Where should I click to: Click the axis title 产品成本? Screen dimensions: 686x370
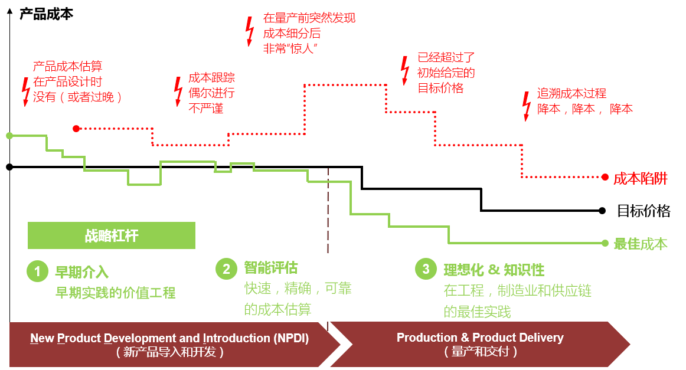pos(47,14)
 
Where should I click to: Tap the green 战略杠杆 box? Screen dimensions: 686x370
pos(112,235)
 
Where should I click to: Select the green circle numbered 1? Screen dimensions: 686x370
pos(37,271)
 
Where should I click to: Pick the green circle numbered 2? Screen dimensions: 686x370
pos(226,269)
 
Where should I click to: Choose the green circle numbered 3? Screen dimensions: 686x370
pos(426,269)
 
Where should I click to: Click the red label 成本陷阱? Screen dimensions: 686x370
pos(641,178)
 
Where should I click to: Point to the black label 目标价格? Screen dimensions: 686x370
pos(643,211)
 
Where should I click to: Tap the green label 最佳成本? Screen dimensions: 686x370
pos(641,244)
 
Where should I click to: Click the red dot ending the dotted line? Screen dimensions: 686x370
pos(605,177)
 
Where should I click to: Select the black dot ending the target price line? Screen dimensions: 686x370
pos(602,211)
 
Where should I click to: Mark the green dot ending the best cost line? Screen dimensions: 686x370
pos(605,243)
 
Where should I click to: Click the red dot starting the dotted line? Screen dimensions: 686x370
pos(76,129)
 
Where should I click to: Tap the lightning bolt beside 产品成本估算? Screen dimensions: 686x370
pos(26,92)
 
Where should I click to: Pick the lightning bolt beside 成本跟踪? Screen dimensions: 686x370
pos(178,91)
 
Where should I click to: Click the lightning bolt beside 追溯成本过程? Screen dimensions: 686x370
pos(527,106)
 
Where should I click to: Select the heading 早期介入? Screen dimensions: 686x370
pos(82,272)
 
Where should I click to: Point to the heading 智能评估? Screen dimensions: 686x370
pos(271,268)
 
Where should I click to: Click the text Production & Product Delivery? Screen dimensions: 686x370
pos(480,338)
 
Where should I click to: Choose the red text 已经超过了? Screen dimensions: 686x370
pos(446,57)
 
